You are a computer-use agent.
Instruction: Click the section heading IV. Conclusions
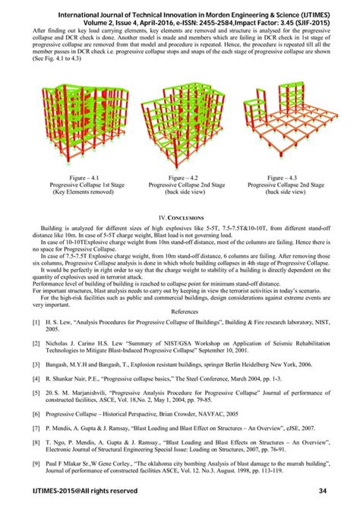[179, 217]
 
